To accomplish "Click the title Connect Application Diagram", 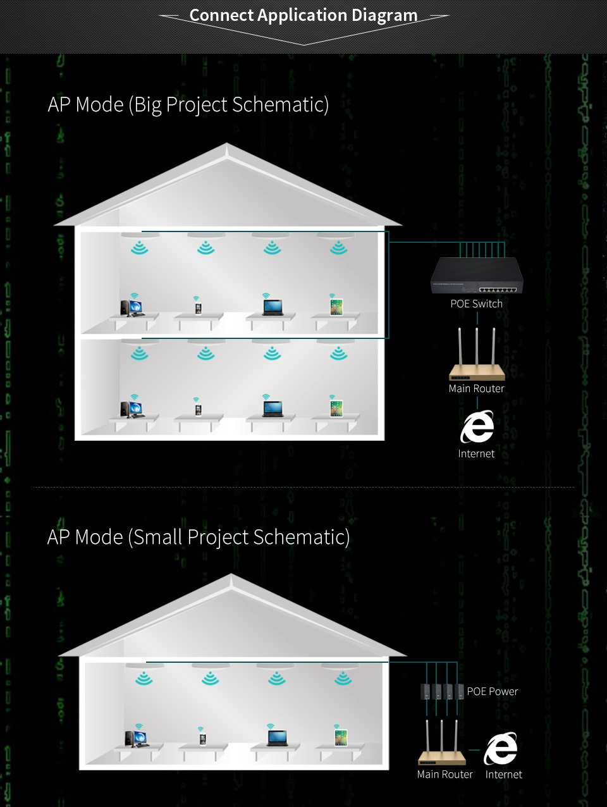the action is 303,15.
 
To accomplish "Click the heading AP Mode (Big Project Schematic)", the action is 188,105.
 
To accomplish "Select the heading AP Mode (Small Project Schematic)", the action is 199,537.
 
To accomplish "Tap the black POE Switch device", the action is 477,275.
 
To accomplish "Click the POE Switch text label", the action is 477,304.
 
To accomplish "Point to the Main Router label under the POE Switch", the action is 476,388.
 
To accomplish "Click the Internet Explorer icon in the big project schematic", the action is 477,426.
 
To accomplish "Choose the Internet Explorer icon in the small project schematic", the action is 500,748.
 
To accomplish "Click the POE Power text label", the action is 493,691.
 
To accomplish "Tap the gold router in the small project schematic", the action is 441,742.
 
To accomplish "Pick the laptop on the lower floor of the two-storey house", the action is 273,409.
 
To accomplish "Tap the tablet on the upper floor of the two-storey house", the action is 336,307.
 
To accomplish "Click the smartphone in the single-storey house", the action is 203,739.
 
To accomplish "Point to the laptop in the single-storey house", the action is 278,737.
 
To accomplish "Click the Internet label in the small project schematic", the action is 503,775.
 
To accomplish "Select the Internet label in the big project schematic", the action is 476,453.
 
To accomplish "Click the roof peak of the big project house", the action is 227,144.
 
